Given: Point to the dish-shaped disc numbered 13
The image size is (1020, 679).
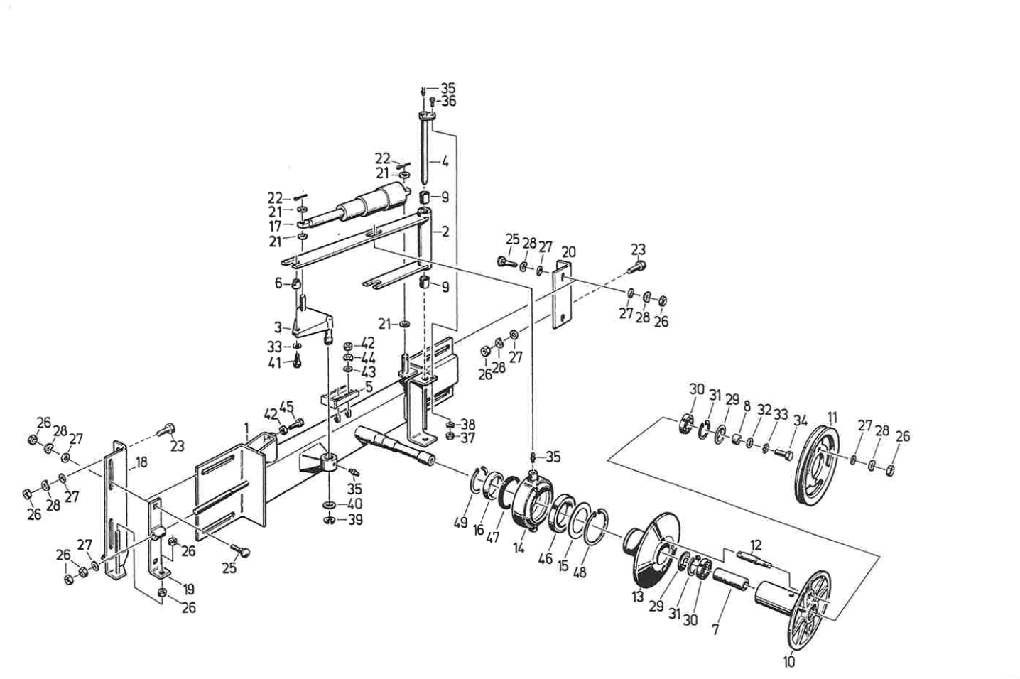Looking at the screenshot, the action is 651,555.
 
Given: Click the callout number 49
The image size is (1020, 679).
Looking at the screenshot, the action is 461,523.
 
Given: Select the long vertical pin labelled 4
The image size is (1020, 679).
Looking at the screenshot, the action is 425,151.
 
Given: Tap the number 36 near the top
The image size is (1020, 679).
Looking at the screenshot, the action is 448,101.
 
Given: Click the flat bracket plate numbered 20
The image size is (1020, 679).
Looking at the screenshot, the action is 563,294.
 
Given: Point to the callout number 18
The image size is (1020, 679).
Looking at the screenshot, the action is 141,462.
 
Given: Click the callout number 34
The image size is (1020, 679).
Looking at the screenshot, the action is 800,421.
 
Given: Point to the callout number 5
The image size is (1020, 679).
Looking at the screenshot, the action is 369,386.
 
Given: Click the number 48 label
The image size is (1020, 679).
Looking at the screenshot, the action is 579,572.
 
